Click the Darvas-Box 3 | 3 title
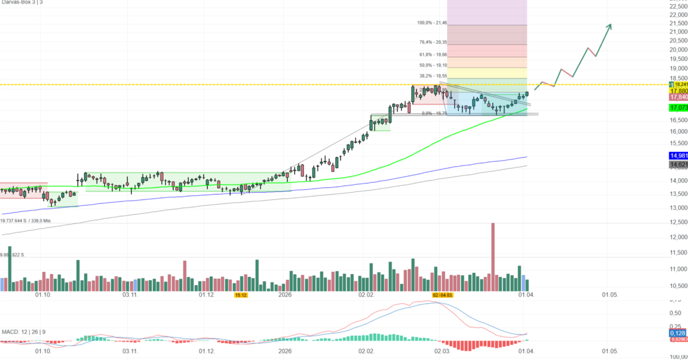(x=21, y=3)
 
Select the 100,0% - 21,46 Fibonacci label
(x=432, y=23)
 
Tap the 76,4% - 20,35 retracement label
(x=433, y=42)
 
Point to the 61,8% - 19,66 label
(x=433, y=54)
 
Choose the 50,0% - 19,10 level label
(x=433, y=65)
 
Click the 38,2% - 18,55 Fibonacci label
(x=433, y=76)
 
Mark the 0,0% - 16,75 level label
(x=434, y=114)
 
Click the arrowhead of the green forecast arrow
(x=609, y=25)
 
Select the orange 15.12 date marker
(x=241, y=295)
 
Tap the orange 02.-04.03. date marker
(x=443, y=295)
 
